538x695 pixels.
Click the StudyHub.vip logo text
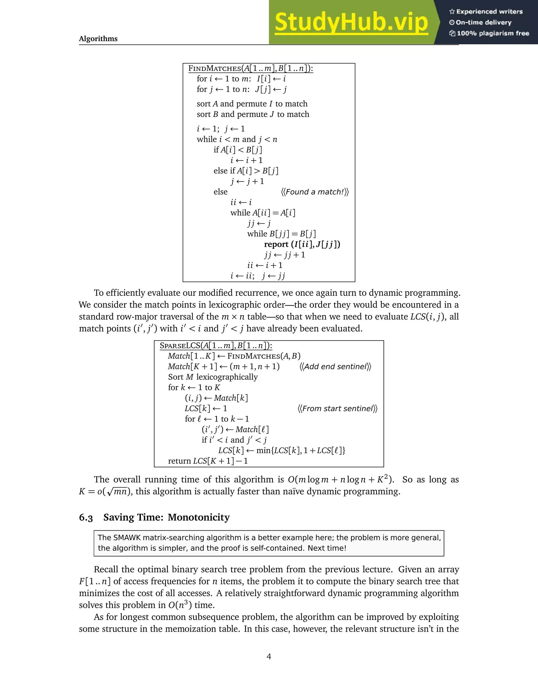351,22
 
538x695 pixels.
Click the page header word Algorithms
98,39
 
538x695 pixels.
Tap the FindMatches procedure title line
251,68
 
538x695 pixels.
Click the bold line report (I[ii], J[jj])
302,244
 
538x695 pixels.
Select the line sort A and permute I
252,104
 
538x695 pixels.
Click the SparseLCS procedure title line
216,346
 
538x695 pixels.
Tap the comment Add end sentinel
335,367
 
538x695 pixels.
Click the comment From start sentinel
337,409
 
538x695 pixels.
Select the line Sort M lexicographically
213,377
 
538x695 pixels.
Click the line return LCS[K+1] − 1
208,461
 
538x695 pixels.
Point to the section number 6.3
86,518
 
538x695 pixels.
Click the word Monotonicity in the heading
199,517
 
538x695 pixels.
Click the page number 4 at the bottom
269,656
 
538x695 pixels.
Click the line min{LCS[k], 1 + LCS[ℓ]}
281,451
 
